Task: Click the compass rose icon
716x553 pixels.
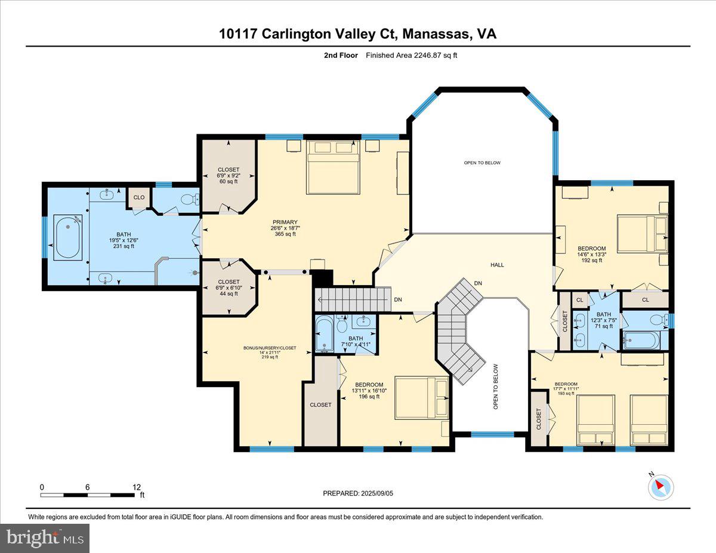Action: [661, 487]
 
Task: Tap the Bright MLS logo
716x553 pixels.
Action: [45, 538]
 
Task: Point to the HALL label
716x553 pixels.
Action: [497, 265]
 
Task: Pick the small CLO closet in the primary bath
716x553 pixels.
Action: [139, 197]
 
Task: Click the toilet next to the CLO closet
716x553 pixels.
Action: [188, 199]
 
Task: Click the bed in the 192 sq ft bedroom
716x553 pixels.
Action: [641, 234]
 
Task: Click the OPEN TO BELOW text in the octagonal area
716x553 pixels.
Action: [483, 163]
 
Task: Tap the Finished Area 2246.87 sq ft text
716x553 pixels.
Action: [411, 55]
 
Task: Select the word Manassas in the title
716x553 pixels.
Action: [434, 35]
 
